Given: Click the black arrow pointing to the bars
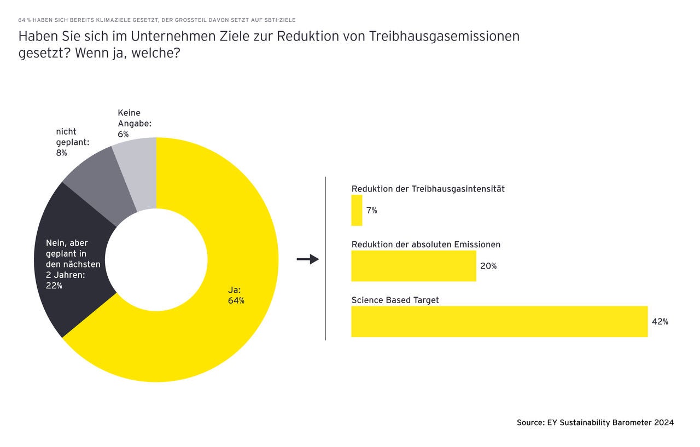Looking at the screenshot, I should click(307, 259).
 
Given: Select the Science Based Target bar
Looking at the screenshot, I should click(499, 321).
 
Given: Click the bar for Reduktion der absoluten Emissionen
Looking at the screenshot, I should click(413, 266).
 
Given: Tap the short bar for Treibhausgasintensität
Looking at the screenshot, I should click(357, 210).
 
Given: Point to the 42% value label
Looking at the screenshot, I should click(660, 322).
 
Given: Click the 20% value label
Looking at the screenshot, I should click(488, 266).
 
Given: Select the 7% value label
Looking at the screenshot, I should click(371, 211).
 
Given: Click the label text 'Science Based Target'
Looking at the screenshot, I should click(395, 300).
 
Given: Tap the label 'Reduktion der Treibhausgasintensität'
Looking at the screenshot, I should click(428, 189).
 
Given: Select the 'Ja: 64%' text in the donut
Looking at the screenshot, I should click(236, 295).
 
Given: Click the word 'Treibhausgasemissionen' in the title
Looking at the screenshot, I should click(444, 37).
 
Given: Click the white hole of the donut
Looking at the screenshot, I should click(156, 260).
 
